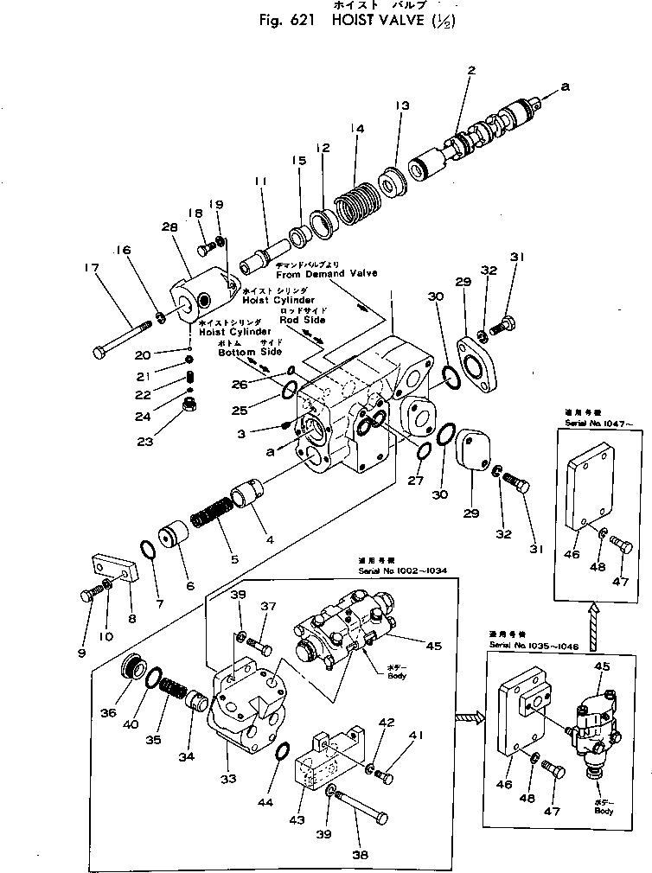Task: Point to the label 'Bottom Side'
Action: [250, 353]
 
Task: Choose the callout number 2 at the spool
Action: [471, 71]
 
